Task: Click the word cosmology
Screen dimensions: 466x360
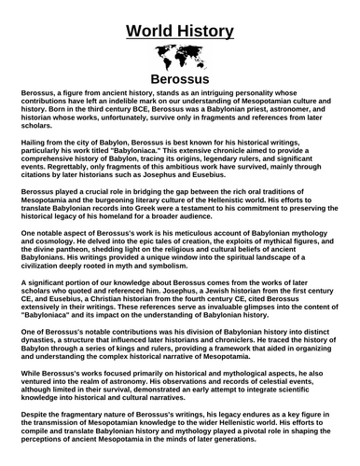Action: pyautogui.click(x=45, y=247)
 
